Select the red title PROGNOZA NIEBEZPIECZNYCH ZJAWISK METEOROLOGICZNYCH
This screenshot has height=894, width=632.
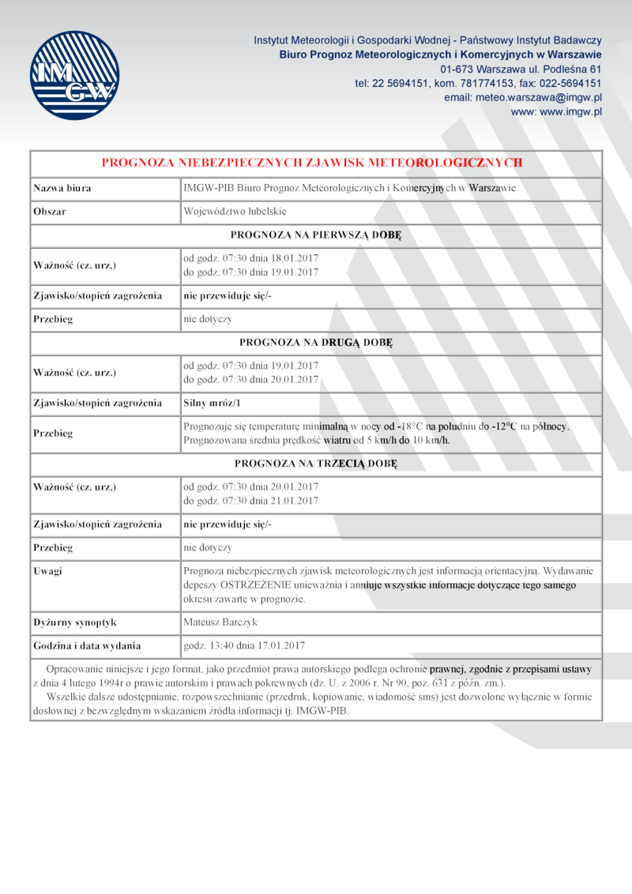coord(312,163)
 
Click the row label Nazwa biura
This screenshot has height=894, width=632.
coord(62,188)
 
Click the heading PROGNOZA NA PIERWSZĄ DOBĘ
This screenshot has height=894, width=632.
coord(316,235)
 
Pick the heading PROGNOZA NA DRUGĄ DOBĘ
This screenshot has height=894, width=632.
coord(316,343)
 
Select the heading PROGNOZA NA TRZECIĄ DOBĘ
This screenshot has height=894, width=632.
coord(316,463)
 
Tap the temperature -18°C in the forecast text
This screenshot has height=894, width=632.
coord(408,426)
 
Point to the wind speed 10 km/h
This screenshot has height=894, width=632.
coord(431,440)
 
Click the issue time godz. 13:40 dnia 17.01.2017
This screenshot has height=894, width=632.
coord(243,645)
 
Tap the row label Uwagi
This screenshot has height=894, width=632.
coord(47,570)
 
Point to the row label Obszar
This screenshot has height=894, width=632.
coord(50,212)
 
